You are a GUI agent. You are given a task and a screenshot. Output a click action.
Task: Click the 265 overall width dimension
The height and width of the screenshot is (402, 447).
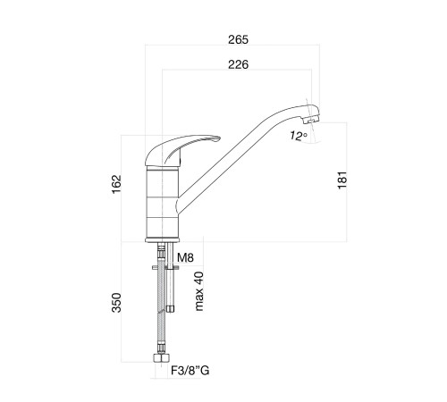[238, 39]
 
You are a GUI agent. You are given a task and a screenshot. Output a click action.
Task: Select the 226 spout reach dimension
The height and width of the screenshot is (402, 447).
[238, 64]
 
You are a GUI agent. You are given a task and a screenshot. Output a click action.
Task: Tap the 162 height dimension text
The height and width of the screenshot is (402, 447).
[117, 184]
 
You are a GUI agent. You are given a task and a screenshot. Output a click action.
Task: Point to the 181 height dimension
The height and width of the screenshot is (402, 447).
[342, 180]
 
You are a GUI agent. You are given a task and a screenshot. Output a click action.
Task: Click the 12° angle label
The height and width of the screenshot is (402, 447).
[299, 136]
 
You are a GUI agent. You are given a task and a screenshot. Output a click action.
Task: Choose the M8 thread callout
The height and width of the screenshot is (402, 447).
[185, 257]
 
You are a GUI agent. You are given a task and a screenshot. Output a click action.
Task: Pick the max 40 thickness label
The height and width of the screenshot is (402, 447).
[198, 291]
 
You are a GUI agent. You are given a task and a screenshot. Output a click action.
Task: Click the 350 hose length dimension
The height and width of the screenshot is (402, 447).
[116, 303]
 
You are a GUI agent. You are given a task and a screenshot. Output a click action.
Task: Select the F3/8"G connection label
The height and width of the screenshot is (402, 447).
[190, 371]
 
